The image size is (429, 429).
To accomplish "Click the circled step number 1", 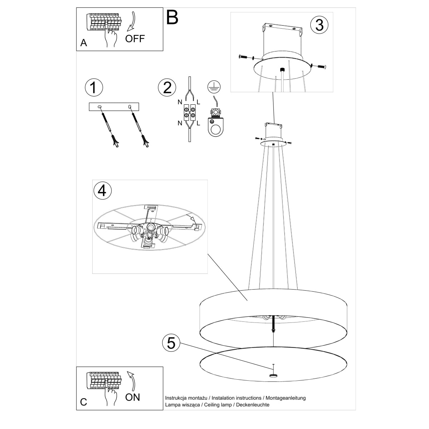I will [94, 88].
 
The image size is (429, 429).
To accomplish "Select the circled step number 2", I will [167, 88].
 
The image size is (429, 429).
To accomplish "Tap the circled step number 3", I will [319, 25].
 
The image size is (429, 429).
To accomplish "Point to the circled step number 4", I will [102, 190].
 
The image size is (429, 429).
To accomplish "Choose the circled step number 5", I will [171, 343].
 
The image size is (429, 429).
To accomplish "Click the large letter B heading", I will [172, 18].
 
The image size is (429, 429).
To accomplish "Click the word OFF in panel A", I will [135, 39].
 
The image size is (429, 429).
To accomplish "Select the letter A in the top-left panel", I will [84, 43].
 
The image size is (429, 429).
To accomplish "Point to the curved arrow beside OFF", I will [132, 22].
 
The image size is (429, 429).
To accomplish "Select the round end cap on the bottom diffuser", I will [273, 375].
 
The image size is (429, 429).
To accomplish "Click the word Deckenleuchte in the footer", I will [252, 405].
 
